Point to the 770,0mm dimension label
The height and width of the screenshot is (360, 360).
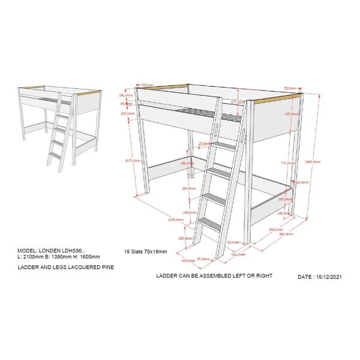[287, 163]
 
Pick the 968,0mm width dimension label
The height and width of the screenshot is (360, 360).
[286, 235]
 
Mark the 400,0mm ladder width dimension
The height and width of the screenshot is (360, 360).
[186, 260]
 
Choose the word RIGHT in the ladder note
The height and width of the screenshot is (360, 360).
[262, 276]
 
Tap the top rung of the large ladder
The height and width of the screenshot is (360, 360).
[225, 146]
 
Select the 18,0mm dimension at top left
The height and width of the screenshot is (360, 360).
[147, 85]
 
